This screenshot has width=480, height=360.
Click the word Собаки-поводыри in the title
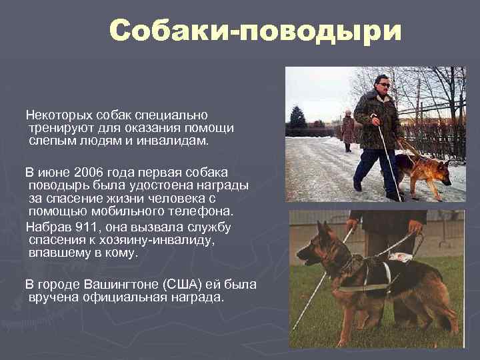coord(256,31)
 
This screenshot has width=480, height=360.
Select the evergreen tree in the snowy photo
coord(297,118)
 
